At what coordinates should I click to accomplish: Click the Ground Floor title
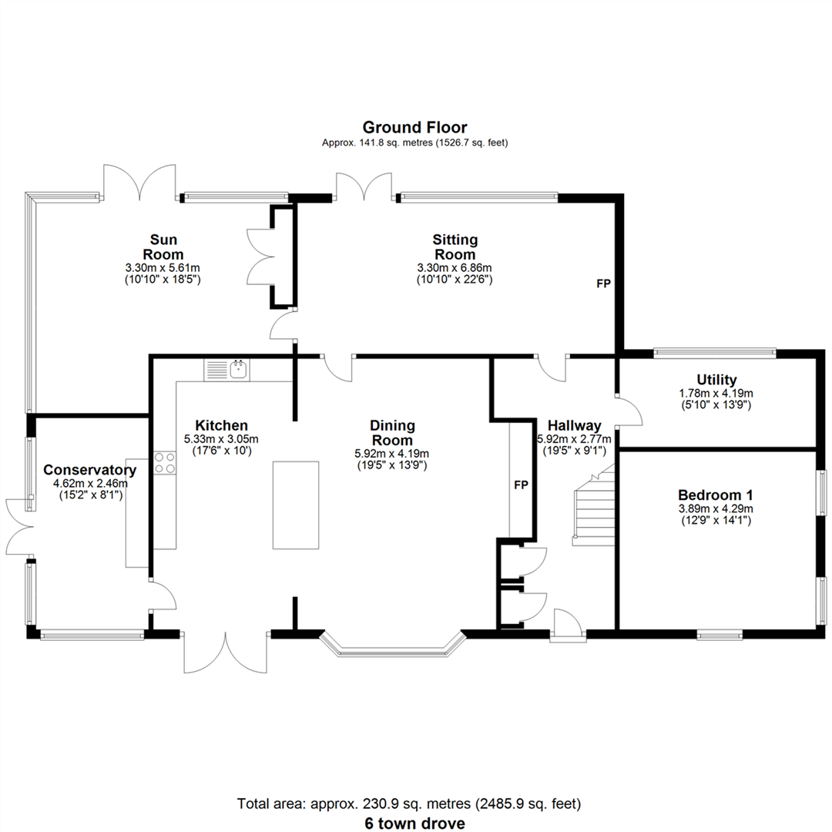[x=414, y=127]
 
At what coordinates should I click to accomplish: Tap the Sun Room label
[x=163, y=247]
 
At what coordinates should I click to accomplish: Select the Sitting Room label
[x=455, y=247]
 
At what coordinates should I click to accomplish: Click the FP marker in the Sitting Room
[x=603, y=283]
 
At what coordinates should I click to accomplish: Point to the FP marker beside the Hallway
[x=521, y=485]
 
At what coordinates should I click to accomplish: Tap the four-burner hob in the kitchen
[x=165, y=462]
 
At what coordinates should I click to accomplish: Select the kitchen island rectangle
[x=296, y=505]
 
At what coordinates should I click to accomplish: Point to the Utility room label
[x=716, y=380]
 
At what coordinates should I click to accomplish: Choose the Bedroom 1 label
[x=716, y=495]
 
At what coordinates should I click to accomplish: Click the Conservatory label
[x=89, y=470]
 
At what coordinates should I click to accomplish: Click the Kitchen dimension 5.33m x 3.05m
[x=221, y=439]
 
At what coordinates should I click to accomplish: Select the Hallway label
[x=574, y=425]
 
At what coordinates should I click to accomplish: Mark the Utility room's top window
[x=715, y=351]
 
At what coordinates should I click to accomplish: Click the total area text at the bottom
[x=408, y=803]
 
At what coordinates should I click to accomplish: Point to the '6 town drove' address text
[x=414, y=823]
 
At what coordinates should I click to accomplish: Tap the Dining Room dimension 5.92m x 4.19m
[x=391, y=455]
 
